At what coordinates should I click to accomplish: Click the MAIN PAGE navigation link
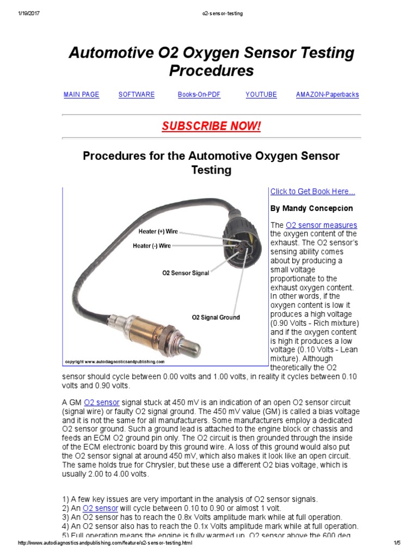pyautogui.click(x=81, y=95)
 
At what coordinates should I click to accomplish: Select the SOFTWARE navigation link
pyautogui.click(x=137, y=95)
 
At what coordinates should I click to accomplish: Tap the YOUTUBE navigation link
pyautogui.click(x=261, y=95)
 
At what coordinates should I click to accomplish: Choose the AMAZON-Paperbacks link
pyautogui.click(x=327, y=95)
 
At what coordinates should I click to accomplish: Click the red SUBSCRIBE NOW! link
pyautogui.click(x=211, y=126)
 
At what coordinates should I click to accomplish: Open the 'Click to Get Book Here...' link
pyautogui.click(x=312, y=191)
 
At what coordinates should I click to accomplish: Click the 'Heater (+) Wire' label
pyautogui.click(x=158, y=232)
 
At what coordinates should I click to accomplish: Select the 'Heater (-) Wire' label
pyautogui.click(x=152, y=246)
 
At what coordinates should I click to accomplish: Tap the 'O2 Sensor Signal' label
pyautogui.click(x=186, y=273)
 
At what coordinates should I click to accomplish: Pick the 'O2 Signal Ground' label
pyautogui.click(x=216, y=317)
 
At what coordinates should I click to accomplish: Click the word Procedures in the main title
pyautogui.click(x=211, y=71)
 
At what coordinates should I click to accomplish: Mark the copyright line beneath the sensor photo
pyautogui.click(x=114, y=361)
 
